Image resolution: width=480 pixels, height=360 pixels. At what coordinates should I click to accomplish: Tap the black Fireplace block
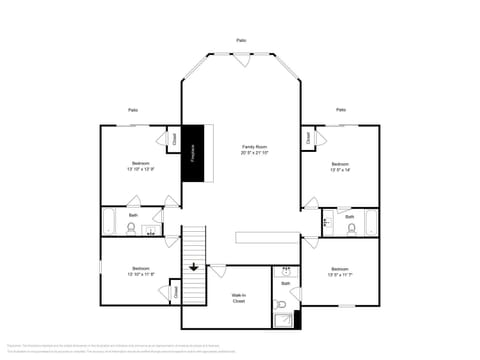click(x=193, y=153)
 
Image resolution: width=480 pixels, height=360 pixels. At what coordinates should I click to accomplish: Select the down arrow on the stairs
click(x=193, y=267)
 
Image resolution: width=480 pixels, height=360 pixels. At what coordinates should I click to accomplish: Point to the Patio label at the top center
click(x=241, y=40)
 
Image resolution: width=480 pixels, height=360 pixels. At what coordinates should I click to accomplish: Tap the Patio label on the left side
click(x=133, y=109)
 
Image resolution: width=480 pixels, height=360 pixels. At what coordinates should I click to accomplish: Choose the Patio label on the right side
click(x=341, y=109)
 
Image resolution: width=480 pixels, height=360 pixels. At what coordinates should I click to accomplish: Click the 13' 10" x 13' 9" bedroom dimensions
click(x=141, y=169)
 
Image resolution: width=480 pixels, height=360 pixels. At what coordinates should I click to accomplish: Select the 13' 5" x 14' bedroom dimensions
click(x=340, y=169)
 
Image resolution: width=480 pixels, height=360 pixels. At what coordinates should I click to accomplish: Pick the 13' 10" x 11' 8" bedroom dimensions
click(x=141, y=275)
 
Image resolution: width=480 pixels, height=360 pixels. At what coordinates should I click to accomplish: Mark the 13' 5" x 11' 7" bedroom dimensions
click(x=340, y=275)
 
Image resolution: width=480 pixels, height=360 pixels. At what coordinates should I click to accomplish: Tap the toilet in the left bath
click(x=131, y=228)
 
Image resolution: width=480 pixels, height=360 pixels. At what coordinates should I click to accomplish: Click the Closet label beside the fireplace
click(x=174, y=140)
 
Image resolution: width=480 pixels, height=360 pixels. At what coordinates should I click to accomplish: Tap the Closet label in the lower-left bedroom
click(x=174, y=293)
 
